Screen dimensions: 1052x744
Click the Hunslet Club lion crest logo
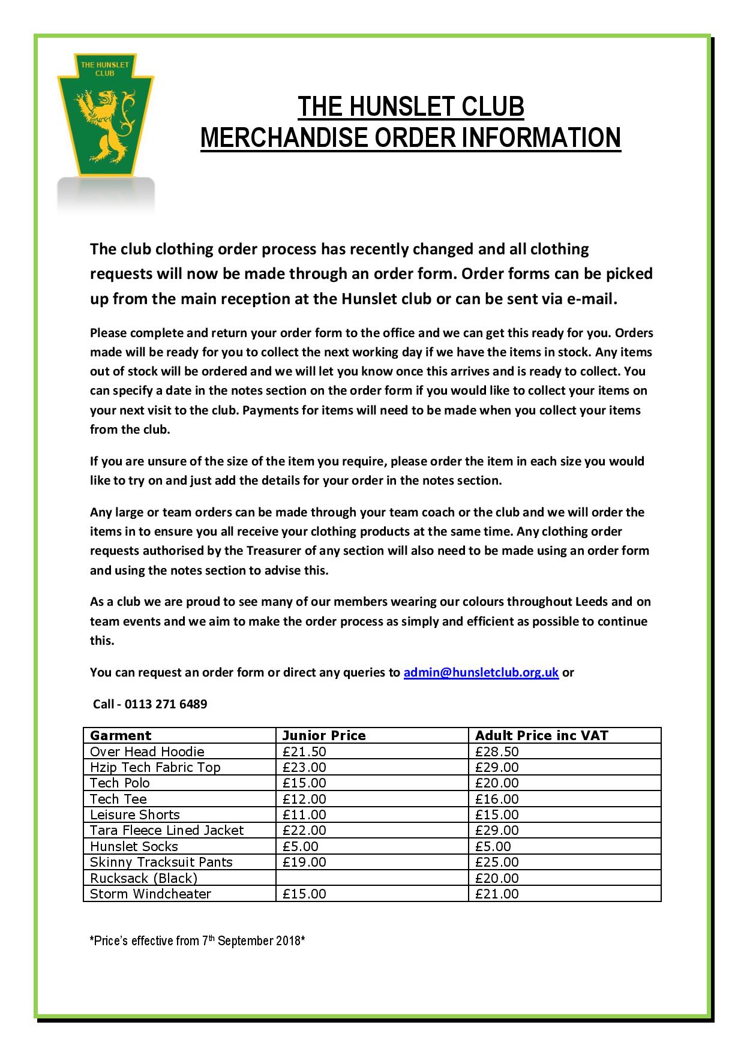[106, 114]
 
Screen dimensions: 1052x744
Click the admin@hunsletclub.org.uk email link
[481, 672]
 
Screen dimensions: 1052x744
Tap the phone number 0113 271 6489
[166, 704]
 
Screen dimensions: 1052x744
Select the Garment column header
[121, 735]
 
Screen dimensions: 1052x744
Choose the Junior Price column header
[324, 735]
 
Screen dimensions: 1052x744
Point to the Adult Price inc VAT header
[542, 735]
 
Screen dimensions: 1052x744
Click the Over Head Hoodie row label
[147, 752]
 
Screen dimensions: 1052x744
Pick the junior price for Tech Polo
[304, 783]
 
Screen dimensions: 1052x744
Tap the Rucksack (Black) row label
[143, 878]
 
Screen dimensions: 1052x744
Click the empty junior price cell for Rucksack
[371, 878]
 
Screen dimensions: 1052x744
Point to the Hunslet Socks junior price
[301, 846]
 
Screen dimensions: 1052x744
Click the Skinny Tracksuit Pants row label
[161, 862]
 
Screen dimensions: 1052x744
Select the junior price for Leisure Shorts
[304, 814]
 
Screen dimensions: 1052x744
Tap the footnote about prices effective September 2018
[197, 940]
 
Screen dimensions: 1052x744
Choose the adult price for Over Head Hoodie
[497, 752]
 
